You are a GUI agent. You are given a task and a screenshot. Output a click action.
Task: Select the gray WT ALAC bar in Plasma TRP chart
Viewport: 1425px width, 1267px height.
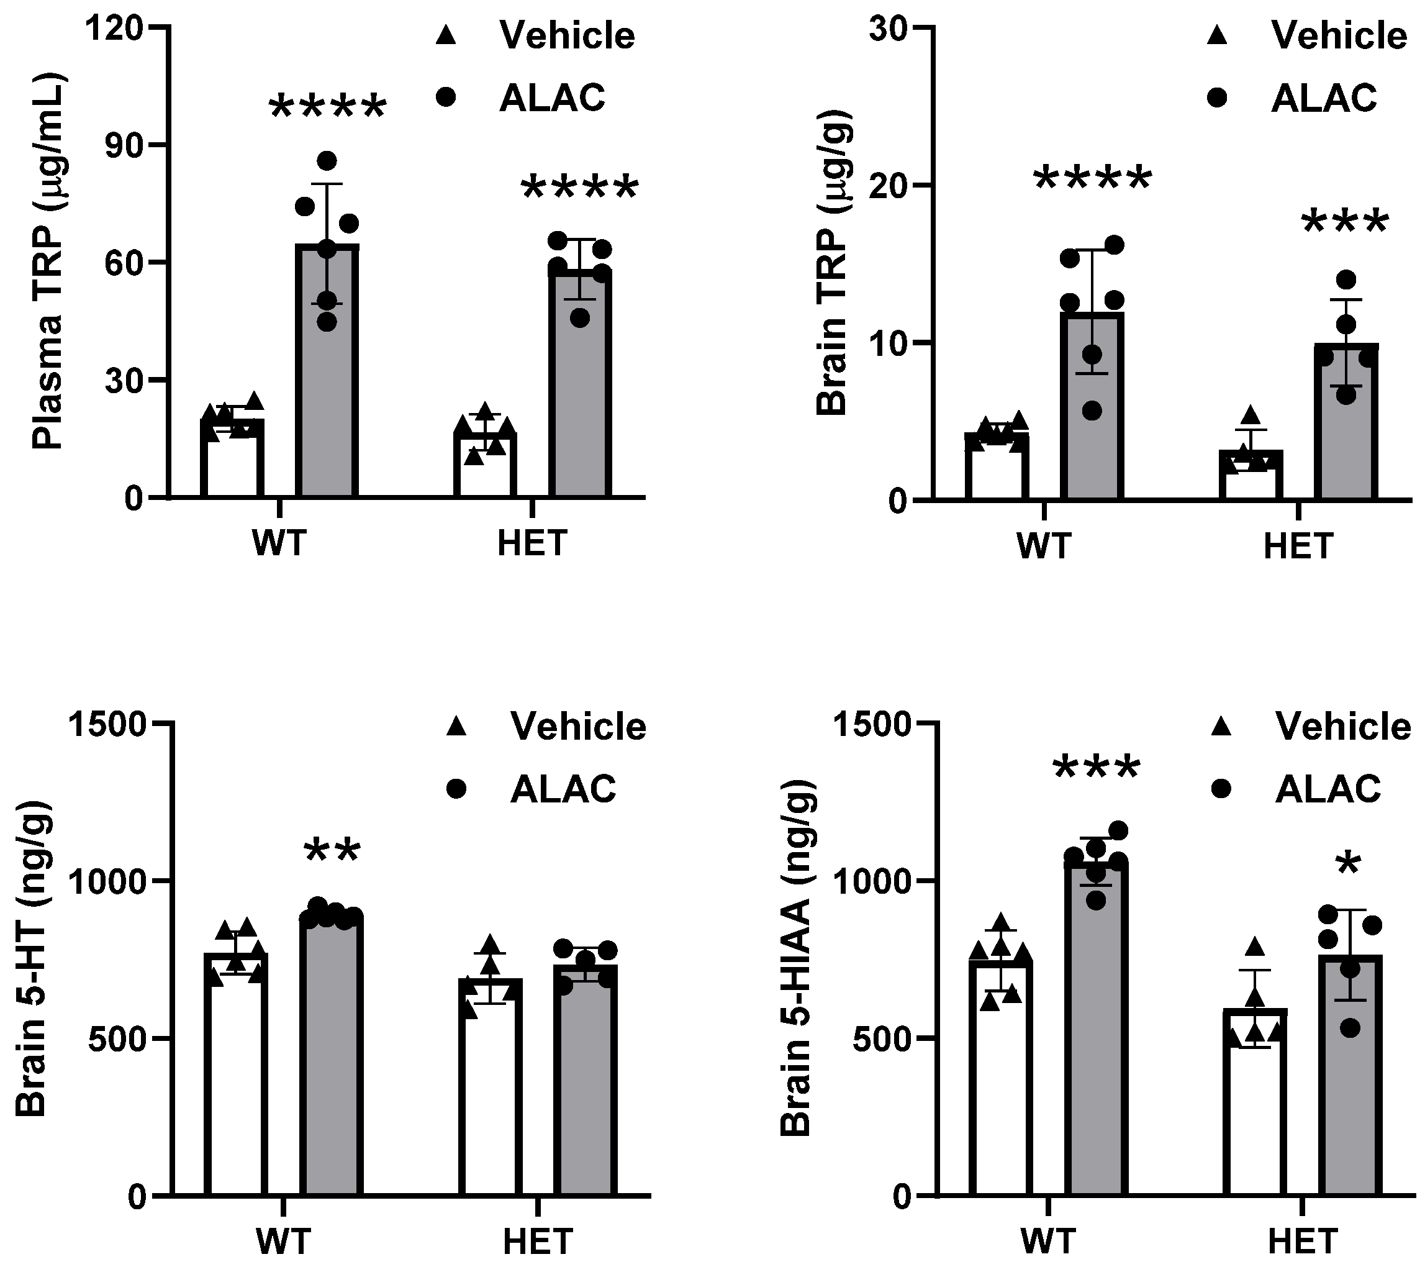coord(327,391)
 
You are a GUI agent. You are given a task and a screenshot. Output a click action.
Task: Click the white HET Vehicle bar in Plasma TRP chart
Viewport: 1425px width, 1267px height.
coord(485,467)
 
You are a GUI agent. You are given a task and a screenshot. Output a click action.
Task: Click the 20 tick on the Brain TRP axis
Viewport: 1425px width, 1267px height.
coord(895,185)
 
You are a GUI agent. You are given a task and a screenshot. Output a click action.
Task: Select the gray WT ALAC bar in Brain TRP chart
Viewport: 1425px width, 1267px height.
coord(1092,419)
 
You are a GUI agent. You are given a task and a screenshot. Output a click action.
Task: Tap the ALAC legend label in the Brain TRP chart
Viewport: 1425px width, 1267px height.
coord(1324,98)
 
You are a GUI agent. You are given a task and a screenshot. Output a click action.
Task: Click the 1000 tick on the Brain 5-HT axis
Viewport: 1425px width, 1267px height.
coord(108,881)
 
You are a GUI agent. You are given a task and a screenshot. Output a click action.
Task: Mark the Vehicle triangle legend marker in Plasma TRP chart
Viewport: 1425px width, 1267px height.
coord(445,35)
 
